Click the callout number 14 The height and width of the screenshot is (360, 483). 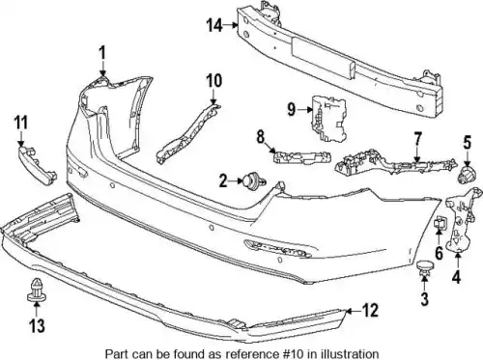[x=214, y=25]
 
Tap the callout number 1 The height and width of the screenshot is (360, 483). [x=102, y=53]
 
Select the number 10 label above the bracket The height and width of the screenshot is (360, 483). [x=214, y=80]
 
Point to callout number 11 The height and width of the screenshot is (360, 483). [x=21, y=123]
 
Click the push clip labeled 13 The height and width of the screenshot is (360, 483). [x=36, y=290]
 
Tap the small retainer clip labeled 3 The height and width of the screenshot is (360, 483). [x=425, y=269]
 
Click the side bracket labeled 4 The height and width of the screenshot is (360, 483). [x=461, y=220]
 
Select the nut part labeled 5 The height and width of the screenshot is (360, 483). [x=467, y=175]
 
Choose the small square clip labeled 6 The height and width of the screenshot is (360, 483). [x=440, y=223]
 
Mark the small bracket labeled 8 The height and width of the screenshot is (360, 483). [x=302, y=156]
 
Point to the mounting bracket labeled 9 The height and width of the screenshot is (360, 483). [x=328, y=119]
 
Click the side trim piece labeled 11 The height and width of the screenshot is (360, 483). [x=37, y=165]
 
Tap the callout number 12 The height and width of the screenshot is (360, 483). [x=370, y=310]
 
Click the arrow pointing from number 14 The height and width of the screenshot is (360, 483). [x=231, y=24]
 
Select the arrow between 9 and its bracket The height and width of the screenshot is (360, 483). [x=305, y=110]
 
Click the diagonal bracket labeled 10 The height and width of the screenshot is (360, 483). [x=188, y=132]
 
